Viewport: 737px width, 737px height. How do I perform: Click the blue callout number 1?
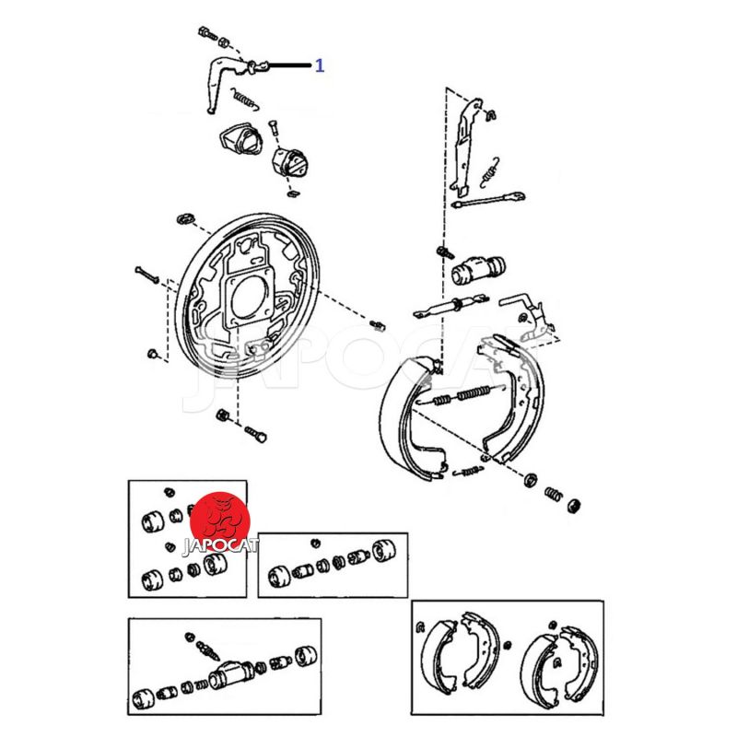[x=320, y=65]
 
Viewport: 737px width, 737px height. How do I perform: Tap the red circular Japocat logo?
[x=219, y=521]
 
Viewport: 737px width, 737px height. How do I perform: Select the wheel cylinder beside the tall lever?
[x=478, y=270]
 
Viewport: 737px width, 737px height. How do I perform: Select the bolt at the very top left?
[x=207, y=34]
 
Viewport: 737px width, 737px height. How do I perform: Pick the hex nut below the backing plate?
[x=222, y=415]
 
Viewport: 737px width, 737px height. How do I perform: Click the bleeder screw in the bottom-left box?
[x=207, y=649]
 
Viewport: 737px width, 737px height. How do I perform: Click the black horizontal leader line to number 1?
[x=290, y=65]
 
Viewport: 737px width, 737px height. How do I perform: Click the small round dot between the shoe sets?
[x=508, y=646]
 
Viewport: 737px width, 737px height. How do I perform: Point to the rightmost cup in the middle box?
[x=383, y=550]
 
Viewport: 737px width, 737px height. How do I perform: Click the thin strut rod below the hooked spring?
[x=488, y=200]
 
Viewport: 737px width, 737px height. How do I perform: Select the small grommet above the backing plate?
[x=186, y=218]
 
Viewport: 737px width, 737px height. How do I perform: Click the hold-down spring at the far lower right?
[x=554, y=495]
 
